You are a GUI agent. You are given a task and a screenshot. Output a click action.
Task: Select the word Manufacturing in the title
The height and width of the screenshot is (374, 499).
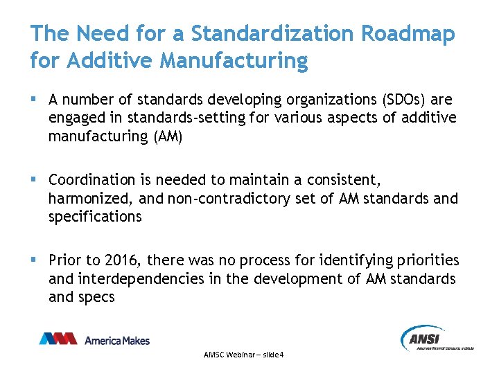click(234, 60)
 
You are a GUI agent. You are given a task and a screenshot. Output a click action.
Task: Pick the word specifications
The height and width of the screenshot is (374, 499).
click(95, 217)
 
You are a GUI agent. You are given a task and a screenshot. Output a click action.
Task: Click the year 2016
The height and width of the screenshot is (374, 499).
click(121, 260)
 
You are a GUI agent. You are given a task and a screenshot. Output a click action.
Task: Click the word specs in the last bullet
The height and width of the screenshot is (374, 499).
click(98, 296)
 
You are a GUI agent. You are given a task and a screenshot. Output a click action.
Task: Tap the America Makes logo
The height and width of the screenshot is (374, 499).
click(94, 339)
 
